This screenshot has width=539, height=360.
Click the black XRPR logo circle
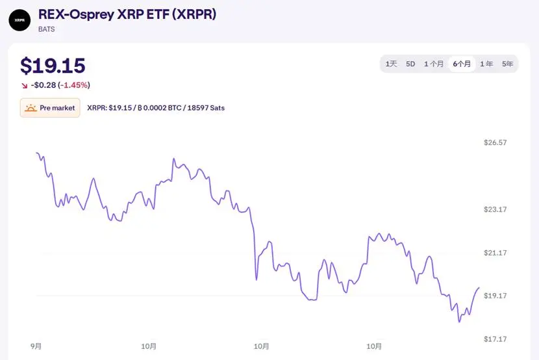pyautogui.click(x=19, y=20)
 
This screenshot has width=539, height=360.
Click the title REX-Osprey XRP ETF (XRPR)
pyautogui.click(x=127, y=14)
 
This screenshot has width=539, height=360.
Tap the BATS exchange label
pyautogui.click(x=47, y=29)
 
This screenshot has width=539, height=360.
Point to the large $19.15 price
pyautogui.click(x=53, y=66)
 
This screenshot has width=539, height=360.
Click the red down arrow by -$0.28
pyautogui.click(x=25, y=86)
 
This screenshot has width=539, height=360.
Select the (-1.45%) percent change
pyautogui.click(x=73, y=85)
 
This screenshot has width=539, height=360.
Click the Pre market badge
pyautogui.click(x=50, y=108)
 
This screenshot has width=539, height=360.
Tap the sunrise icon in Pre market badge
pyautogui.click(x=31, y=108)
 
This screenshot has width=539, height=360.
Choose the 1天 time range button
pyautogui.click(x=391, y=64)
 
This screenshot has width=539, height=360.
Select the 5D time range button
pyautogui.click(x=410, y=64)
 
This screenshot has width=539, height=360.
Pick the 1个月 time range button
pyautogui.click(x=434, y=64)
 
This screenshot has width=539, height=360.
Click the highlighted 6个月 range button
pyautogui.click(x=462, y=64)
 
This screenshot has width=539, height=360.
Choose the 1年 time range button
pyautogui.click(x=486, y=64)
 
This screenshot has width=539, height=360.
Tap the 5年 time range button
pyautogui.click(x=507, y=64)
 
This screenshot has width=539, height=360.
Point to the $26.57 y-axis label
pyautogui.click(x=495, y=142)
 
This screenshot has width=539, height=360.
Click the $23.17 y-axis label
pyautogui.click(x=495, y=209)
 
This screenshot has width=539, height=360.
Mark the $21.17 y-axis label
pyautogui.click(x=495, y=253)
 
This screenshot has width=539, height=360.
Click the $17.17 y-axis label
pyautogui.click(x=495, y=339)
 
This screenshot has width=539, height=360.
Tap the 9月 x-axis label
pyautogui.click(x=36, y=346)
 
